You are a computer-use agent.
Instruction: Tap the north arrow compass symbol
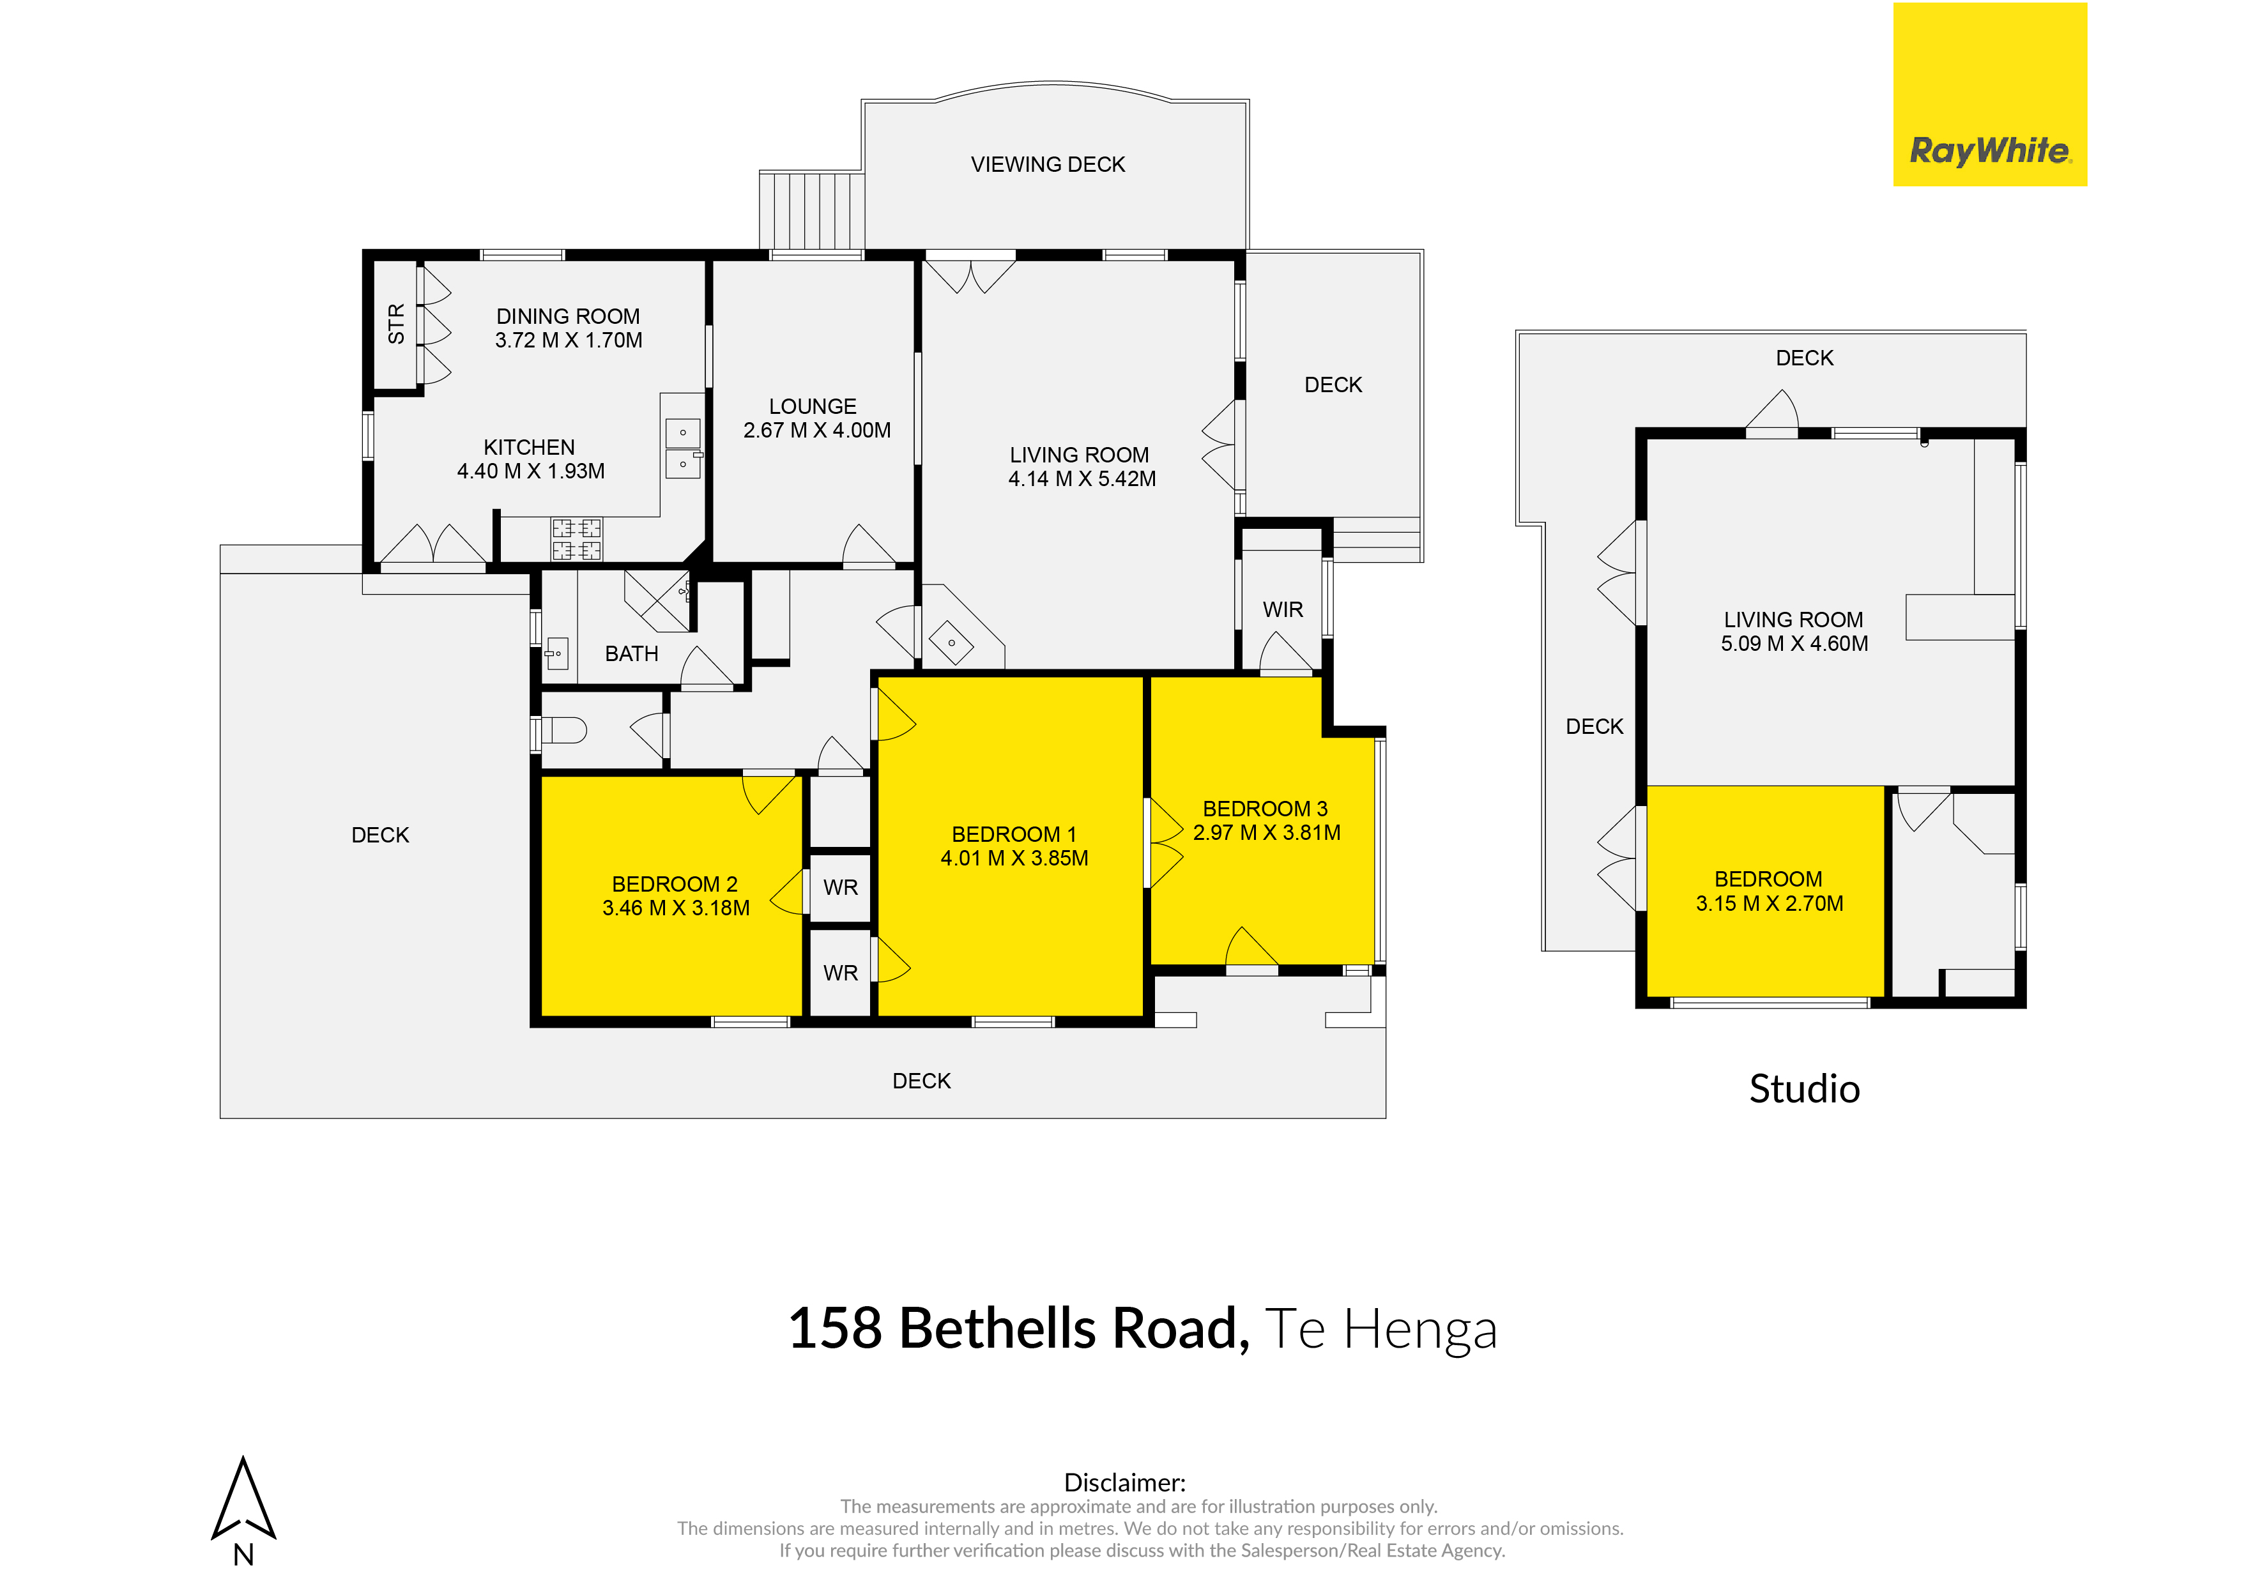[x=244, y=1498]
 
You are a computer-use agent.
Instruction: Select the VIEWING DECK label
[x=1048, y=164]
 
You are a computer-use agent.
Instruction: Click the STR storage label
[x=396, y=324]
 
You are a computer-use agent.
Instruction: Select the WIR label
[x=1283, y=609]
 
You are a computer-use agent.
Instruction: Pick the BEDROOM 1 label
[x=1014, y=834]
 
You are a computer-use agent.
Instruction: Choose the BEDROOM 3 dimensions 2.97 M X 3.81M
[x=1267, y=832]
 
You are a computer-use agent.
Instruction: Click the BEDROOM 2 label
[x=675, y=884]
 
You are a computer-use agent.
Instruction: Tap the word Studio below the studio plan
[x=1805, y=1089]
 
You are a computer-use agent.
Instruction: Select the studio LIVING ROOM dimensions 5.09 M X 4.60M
[x=1794, y=643]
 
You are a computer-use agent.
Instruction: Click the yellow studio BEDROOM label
[x=1769, y=880]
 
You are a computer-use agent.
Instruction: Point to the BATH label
[x=632, y=654]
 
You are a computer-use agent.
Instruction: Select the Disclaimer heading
[x=1124, y=1482]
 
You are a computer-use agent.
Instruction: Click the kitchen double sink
[x=684, y=448]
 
